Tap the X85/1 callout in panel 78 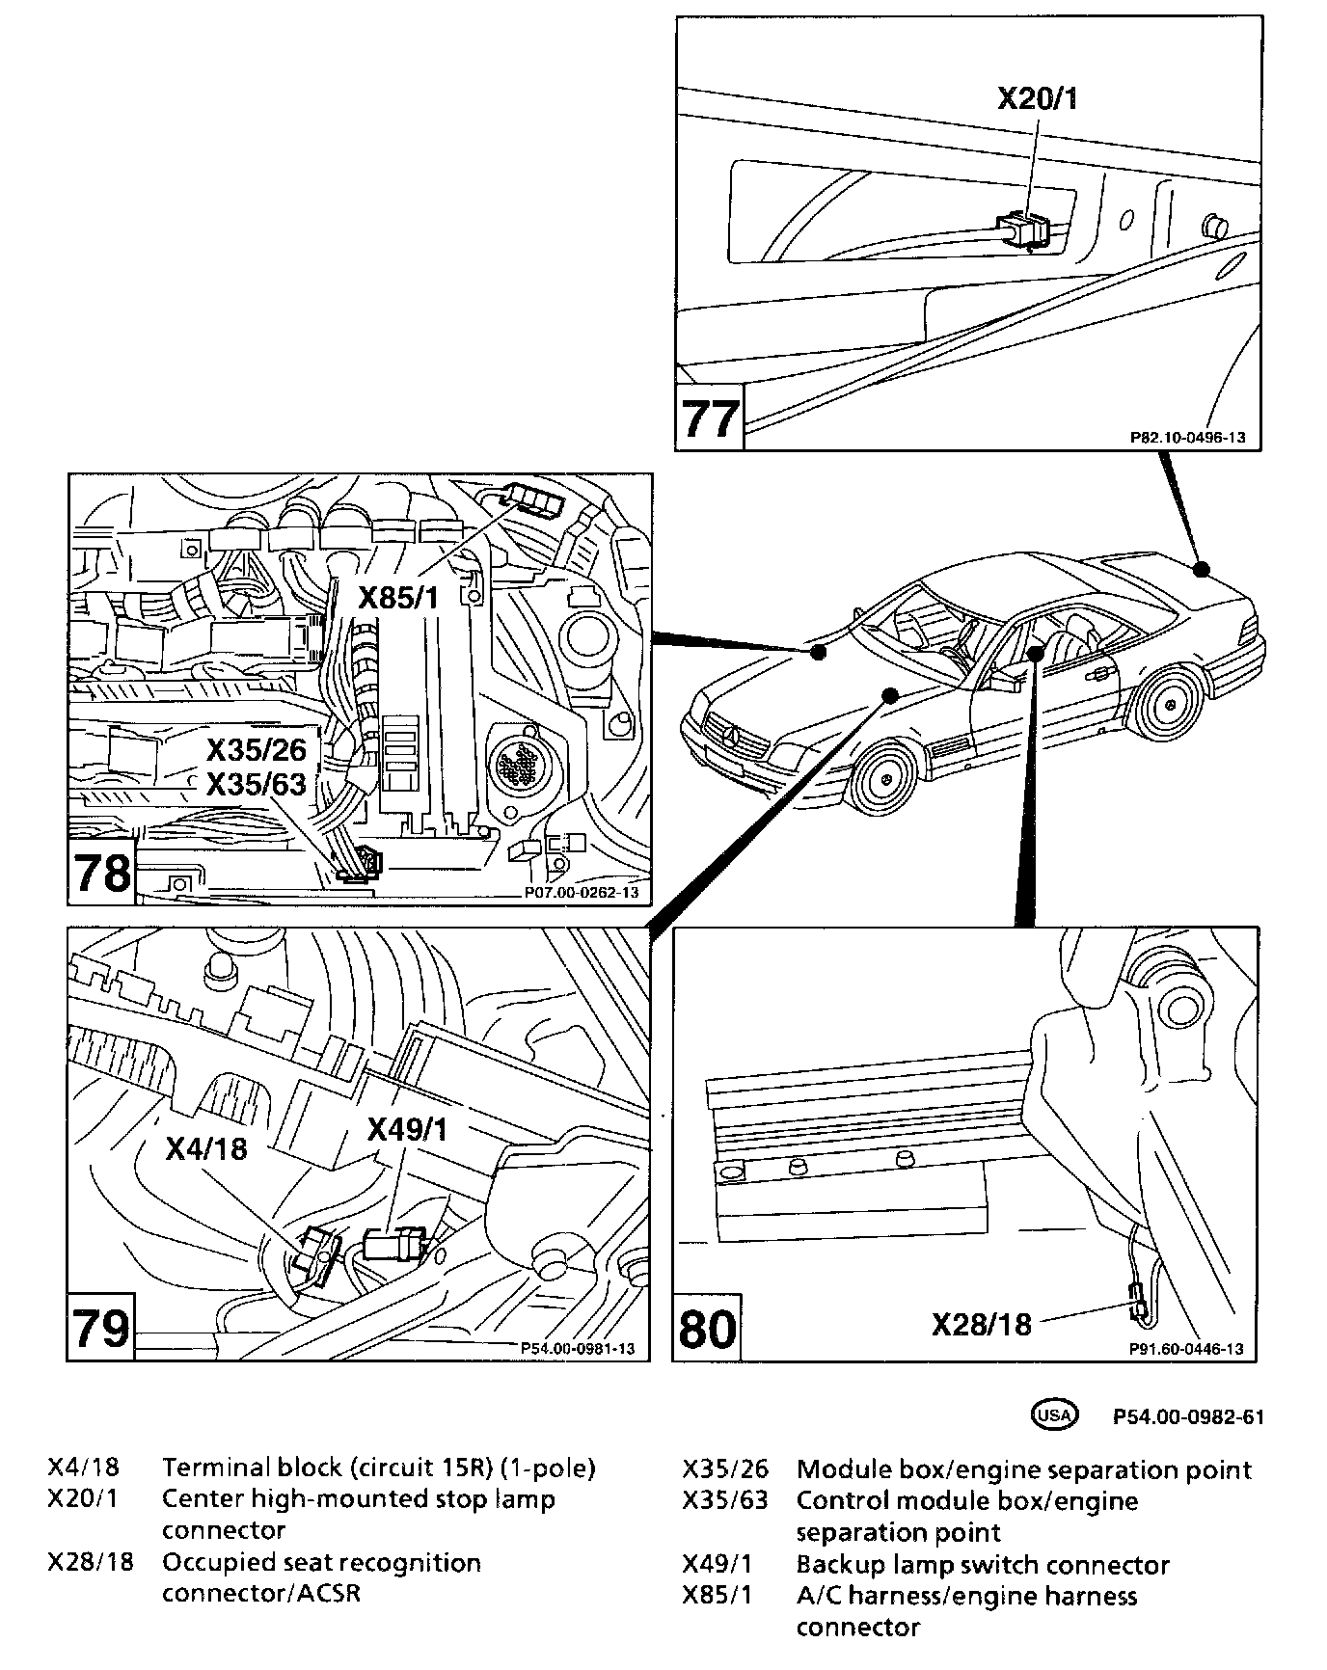pos(398,598)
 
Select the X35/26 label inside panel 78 pos(257,749)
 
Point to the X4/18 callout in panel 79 pos(206,1147)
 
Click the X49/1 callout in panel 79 pos(408,1129)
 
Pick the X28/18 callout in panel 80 pos(981,1324)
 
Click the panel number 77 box pos(710,418)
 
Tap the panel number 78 pos(102,874)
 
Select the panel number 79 pos(101,1329)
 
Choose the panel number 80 pos(708,1329)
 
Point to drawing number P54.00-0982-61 pos(1187,1416)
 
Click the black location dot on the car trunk pos(1201,569)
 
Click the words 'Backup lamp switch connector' pos(982,1564)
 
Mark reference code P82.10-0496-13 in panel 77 pos(1187,438)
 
